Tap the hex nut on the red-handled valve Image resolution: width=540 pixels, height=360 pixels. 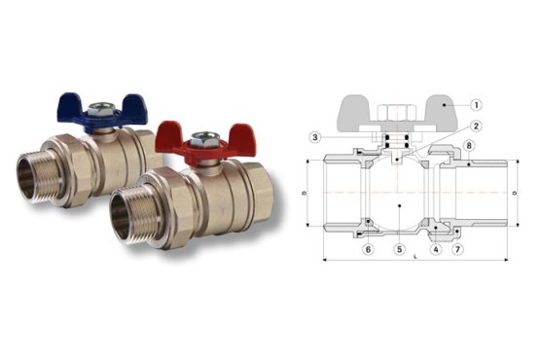pos(204,138)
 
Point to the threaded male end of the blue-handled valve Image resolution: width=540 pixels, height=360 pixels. pos(32,178)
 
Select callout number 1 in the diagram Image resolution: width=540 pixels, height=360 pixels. pos(477,105)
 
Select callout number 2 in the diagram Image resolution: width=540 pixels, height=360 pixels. pos(477,126)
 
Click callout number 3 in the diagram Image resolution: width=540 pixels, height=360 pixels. pos(315,137)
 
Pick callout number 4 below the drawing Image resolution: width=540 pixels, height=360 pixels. pos(436,249)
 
